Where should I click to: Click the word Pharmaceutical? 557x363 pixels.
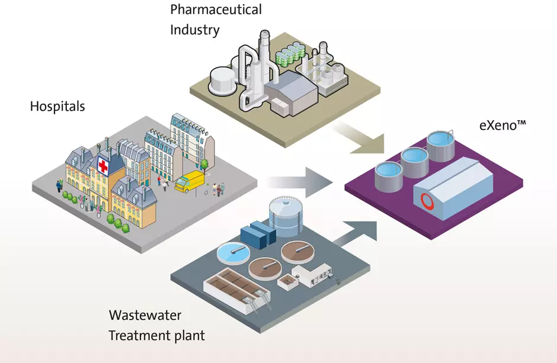216,9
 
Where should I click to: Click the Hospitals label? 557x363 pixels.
57,107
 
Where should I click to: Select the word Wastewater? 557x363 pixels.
145,314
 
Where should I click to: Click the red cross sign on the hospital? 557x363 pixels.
103,165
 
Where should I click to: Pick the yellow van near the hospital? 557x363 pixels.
189,182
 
